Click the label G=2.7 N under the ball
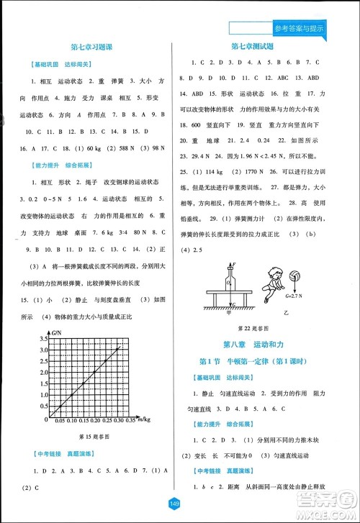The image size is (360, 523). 295,296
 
